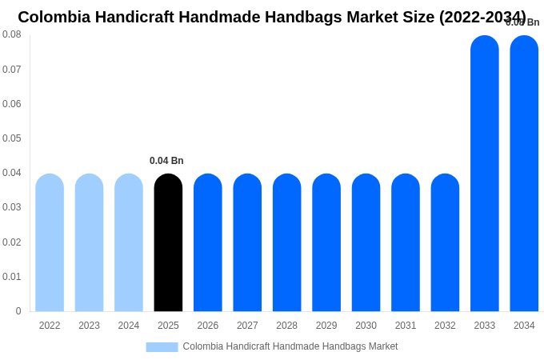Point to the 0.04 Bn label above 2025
click(166, 161)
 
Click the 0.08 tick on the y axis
click(12, 34)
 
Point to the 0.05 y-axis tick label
click(12, 138)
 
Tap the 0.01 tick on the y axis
click(12, 277)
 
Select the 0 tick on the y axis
click(18, 311)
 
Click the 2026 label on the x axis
click(208, 326)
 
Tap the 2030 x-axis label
click(366, 326)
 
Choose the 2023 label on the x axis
click(89, 326)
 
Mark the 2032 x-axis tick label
click(445, 326)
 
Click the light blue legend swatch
click(162, 347)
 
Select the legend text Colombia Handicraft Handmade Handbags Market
click(290, 346)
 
